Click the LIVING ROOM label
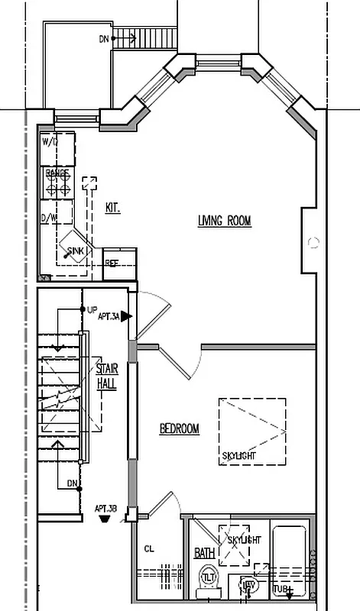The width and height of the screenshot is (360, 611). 225,221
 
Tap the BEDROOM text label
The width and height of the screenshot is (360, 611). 179,429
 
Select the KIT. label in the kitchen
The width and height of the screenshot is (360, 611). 112,207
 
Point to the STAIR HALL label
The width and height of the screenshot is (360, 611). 106,376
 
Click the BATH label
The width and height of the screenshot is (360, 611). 203,551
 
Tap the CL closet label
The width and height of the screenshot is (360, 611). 149,548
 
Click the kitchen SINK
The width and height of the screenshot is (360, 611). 76,249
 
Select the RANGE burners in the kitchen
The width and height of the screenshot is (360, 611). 57,184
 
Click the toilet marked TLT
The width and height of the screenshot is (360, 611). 209,578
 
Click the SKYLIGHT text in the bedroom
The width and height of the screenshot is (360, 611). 238,457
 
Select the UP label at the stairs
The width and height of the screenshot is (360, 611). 92,310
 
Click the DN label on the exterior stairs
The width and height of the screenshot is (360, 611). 104,37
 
